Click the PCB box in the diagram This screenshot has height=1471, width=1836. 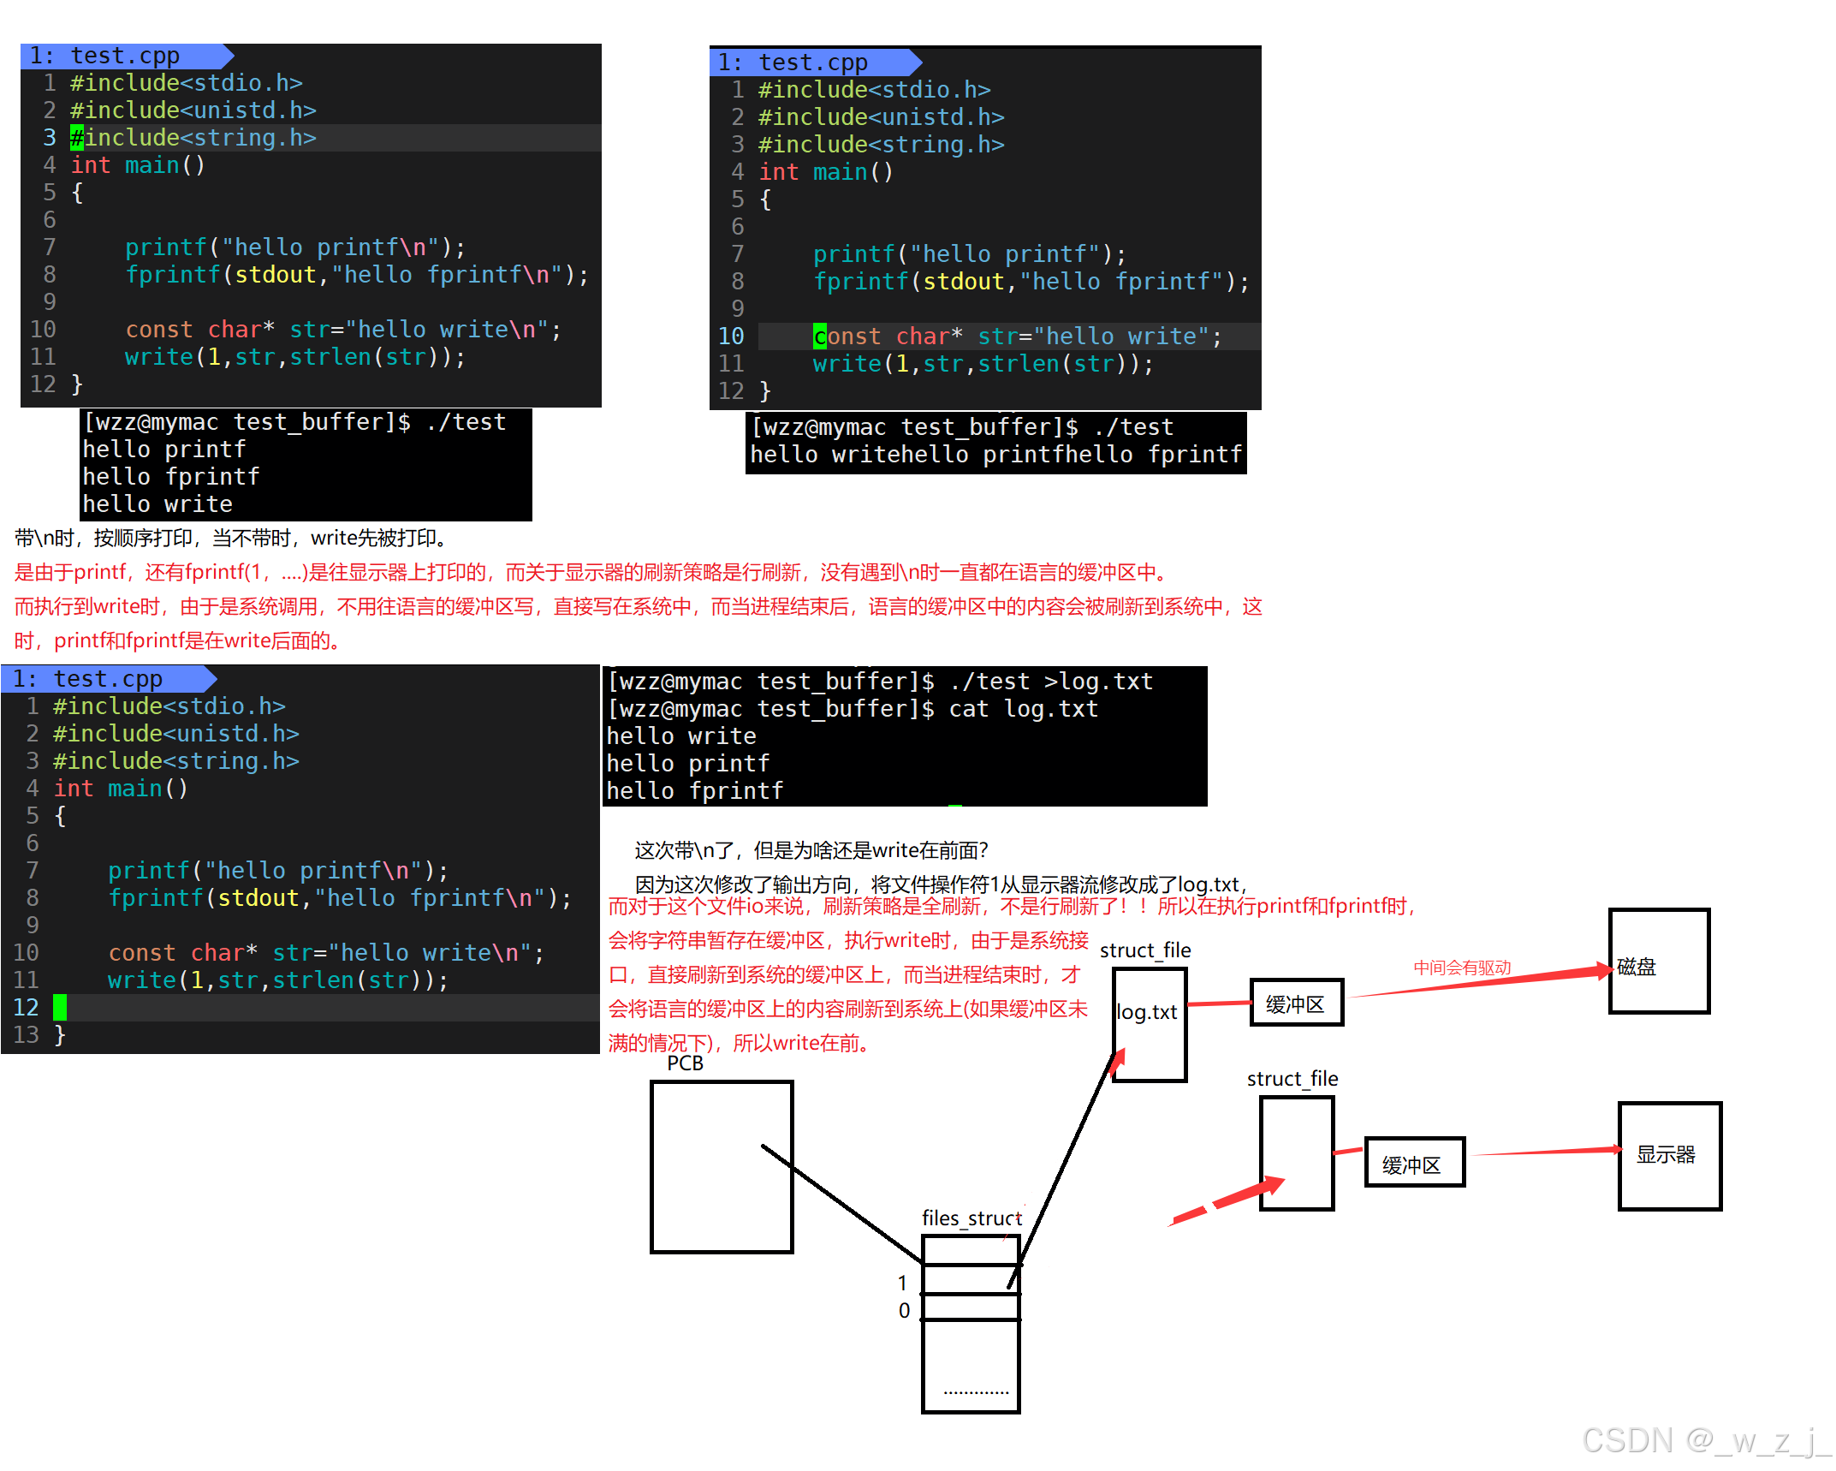coord(721,1166)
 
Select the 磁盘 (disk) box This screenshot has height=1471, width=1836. coord(1658,961)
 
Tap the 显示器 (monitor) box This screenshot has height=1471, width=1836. coord(1668,1155)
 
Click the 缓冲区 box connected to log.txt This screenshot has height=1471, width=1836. coord(1295,1003)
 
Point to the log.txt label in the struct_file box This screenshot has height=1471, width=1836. coord(1147,1012)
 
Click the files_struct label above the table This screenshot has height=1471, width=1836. coord(971,1218)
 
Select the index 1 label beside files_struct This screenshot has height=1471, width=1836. coord(902,1283)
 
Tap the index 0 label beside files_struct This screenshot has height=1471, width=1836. coord(904,1310)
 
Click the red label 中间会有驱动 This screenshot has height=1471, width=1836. coord(1461,968)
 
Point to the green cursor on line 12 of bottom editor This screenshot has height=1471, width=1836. coord(60,1007)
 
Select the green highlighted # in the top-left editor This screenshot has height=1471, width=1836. coord(77,138)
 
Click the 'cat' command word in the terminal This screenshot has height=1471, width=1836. coord(968,709)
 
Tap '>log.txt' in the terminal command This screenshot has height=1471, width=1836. coord(1098,682)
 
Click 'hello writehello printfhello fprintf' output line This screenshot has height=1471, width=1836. coord(995,455)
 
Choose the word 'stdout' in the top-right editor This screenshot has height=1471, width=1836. coord(963,282)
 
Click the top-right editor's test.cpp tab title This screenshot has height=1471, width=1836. coord(812,63)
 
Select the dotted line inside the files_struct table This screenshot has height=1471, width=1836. coord(976,1392)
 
